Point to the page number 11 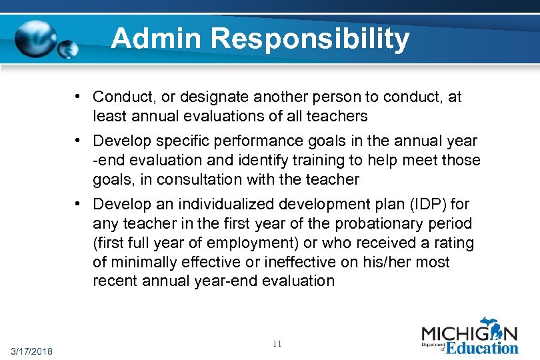277,344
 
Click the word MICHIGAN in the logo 469,334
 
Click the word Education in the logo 481,347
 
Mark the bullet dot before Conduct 79,97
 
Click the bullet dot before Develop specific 79,140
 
